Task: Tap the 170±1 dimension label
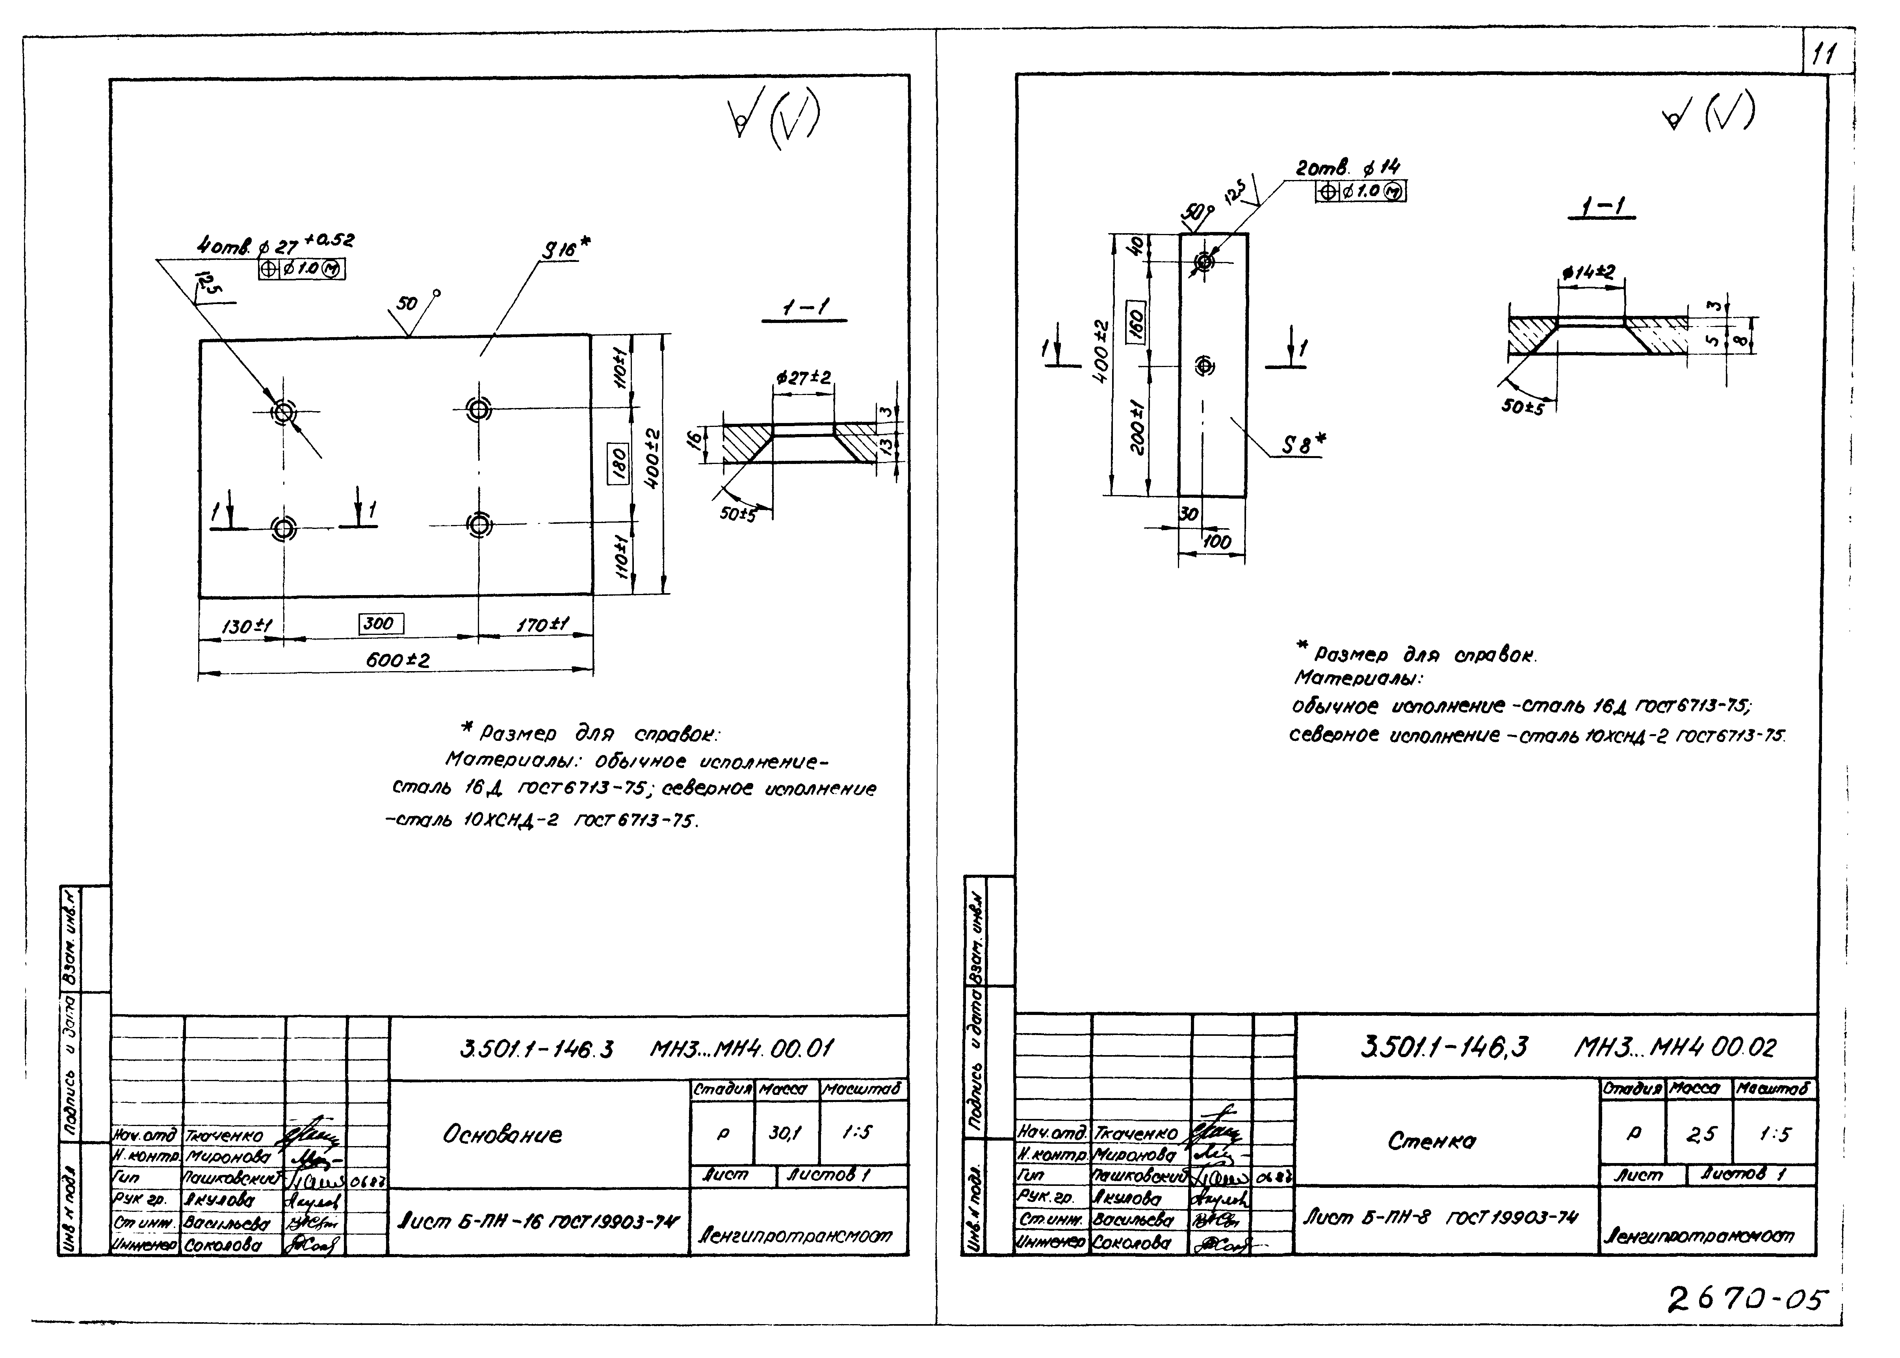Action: [542, 625]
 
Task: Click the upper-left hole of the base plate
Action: [283, 412]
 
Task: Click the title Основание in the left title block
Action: [502, 1135]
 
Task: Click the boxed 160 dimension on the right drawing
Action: [1136, 321]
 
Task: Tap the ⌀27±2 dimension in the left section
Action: [803, 378]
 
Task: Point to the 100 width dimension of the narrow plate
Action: [1217, 542]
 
